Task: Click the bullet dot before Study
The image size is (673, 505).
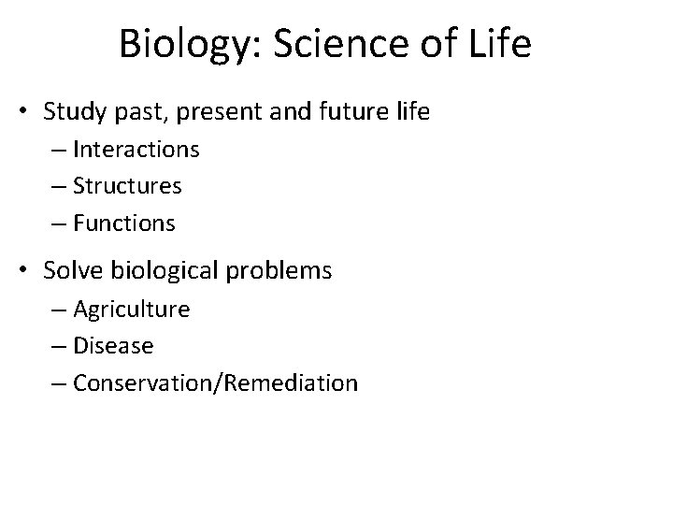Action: [27, 113]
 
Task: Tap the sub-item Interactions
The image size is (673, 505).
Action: [136, 150]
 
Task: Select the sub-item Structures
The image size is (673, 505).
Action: [127, 186]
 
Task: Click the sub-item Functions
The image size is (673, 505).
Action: [123, 224]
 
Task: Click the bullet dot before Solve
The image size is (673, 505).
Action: [27, 271]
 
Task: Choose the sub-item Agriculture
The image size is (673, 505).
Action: [131, 310]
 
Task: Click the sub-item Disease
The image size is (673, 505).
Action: [113, 346]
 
